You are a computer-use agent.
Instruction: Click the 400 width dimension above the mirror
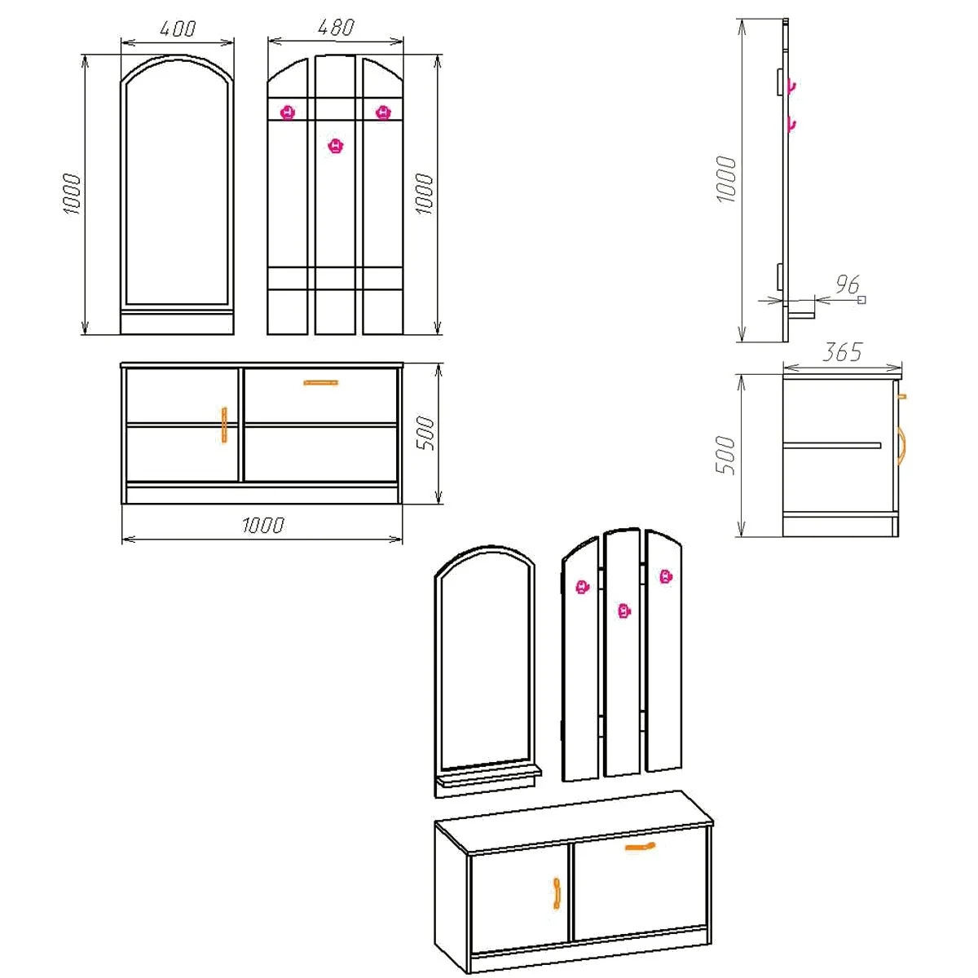pyautogui.click(x=177, y=29)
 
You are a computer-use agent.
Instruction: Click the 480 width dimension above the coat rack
pyautogui.click(x=335, y=28)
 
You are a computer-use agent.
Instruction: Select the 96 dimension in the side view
pyautogui.click(x=848, y=284)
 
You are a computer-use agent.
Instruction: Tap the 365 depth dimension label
pyautogui.click(x=842, y=352)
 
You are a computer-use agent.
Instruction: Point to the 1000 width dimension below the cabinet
pyautogui.click(x=262, y=525)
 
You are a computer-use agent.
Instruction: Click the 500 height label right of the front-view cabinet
pyautogui.click(x=425, y=434)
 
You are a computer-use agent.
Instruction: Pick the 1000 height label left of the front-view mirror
pyautogui.click(x=73, y=194)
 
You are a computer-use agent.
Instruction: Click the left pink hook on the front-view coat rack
pyautogui.click(x=287, y=112)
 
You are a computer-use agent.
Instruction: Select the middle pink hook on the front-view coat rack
pyautogui.click(x=335, y=146)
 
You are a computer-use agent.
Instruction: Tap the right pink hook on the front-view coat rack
pyautogui.click(x=382, y=112)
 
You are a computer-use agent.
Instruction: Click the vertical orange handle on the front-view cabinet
pyautogui.click(x=224, y=425)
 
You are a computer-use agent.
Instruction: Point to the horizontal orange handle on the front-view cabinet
pyautogui.click(x=320, y=381)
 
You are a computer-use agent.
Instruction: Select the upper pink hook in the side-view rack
pyautogui.click(x=790, y=86)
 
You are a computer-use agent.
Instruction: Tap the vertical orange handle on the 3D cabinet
pyautogui.click(x=557, y=892)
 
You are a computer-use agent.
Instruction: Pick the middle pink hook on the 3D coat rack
pyautogui.click(x=623, y=610)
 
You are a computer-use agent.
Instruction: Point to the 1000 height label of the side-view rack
pyautogui.click(x=726, y=179)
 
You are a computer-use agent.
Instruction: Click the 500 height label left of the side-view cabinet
pyautogui.click(x=725, y=456)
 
